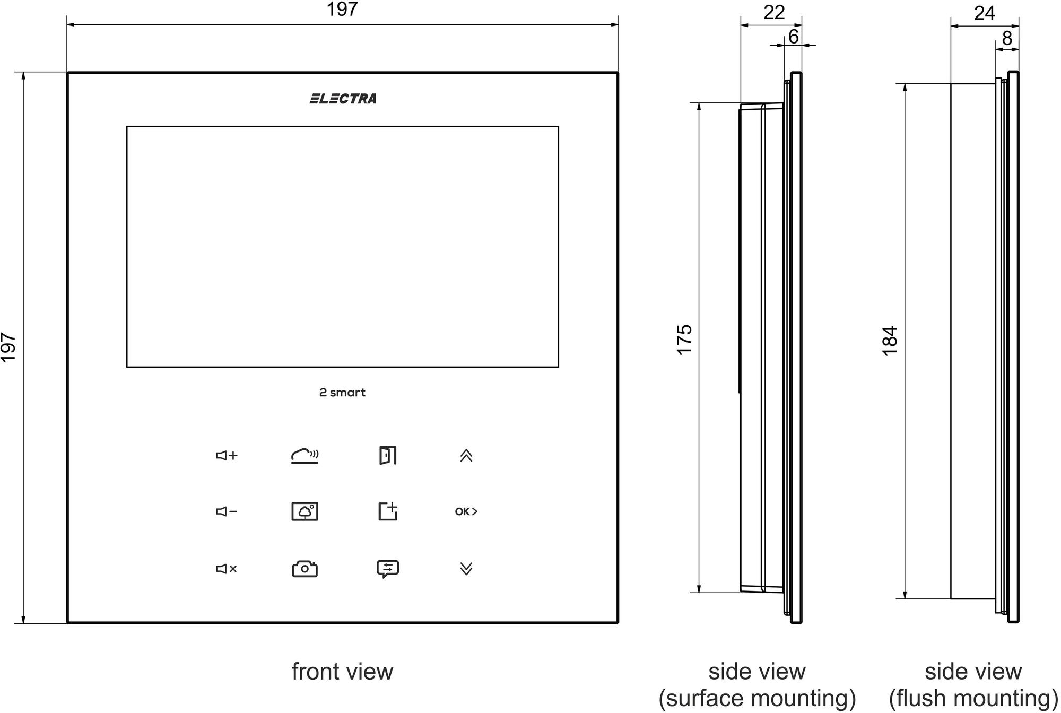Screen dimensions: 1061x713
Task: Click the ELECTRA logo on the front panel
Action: [343, 99]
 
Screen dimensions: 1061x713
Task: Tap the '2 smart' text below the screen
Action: [342, 393]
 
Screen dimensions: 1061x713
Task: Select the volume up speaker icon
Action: [227, 456]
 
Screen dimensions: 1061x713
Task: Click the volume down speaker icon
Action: [227, 511]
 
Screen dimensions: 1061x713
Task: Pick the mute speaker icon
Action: [227, 569]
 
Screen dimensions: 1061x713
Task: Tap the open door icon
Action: [388, 455]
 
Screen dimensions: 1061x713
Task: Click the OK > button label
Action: [466, 511]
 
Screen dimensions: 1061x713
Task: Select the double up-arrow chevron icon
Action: [466, 456]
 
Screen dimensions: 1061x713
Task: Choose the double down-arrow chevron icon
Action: [466, 569]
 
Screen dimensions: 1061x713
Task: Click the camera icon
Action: [305, 569]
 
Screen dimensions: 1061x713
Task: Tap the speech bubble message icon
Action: [388, 569]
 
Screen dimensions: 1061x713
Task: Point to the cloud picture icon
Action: [305, 511]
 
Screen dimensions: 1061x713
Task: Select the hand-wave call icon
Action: [305, 456]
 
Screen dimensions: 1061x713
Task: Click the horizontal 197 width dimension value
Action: [342, 9]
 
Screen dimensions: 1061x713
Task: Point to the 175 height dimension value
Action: [685, 340]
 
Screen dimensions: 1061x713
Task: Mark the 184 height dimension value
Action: [890, 341]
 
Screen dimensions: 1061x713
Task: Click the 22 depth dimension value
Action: [774, 12]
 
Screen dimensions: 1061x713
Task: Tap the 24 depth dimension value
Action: [985, 13]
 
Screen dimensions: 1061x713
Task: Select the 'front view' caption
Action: [342, 672]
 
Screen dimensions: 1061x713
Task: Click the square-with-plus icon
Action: [388, 511]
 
